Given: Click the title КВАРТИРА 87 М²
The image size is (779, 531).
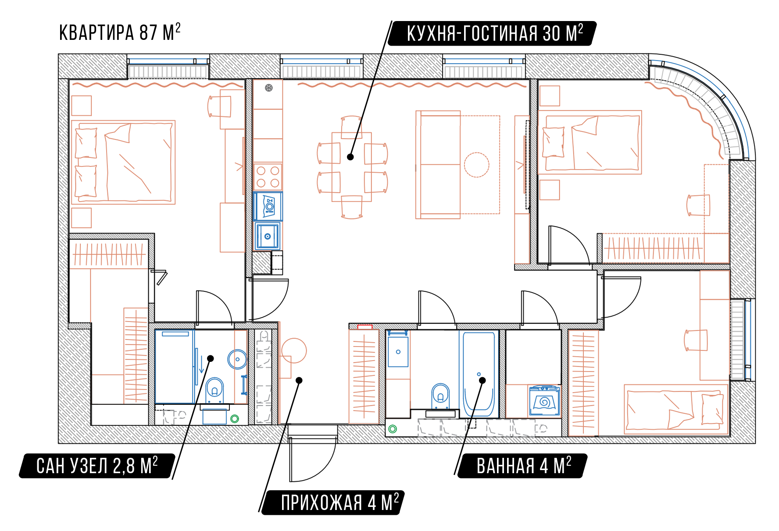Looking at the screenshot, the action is pos(120,32).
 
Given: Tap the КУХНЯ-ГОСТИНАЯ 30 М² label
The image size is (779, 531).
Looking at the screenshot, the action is pos(495,33).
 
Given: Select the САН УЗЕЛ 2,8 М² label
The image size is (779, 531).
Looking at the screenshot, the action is pos(97,466).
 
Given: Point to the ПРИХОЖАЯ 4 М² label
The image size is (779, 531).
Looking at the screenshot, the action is pos(340,502).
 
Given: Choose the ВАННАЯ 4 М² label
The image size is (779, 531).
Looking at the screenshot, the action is pos(524,466).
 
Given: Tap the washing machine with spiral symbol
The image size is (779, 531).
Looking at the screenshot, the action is pos(544,400).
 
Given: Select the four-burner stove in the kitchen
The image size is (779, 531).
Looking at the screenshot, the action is pos(268,177).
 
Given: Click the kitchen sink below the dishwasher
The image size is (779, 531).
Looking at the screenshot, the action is pos(268,237).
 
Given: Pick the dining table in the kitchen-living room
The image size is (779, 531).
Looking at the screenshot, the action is pos(352,167).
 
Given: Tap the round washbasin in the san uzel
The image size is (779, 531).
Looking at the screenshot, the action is pos(237,359).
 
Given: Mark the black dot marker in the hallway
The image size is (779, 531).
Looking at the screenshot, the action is pos(299,380).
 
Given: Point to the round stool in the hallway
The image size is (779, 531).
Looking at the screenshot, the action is pos(294,350).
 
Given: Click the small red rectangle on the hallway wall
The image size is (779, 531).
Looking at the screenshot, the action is pos(365,327).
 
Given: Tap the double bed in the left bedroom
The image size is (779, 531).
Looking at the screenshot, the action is pos(123,163).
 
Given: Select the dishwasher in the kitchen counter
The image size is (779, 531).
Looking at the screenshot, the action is pos(268,206).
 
